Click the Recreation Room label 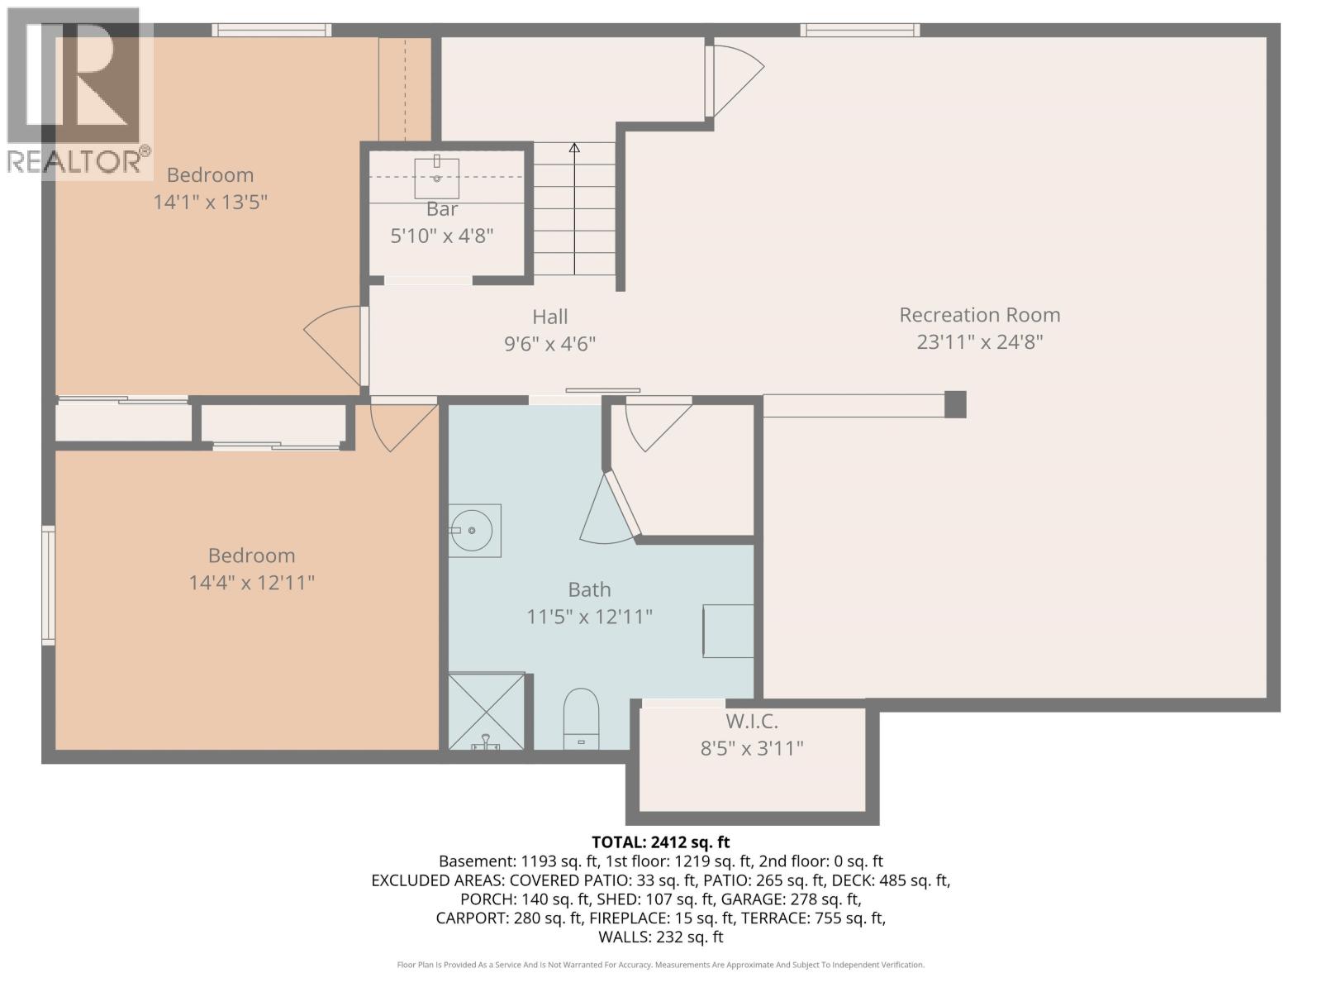979,315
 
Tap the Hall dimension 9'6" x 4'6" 549,344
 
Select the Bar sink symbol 436,177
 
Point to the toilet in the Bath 581,718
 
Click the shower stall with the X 487,711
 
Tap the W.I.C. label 751,722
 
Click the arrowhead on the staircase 574,148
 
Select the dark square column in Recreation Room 955,404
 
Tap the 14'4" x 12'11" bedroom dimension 251,583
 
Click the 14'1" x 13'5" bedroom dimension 210,202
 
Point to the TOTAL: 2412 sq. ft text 660,842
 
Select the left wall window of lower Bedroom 49,585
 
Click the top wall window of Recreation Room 860,31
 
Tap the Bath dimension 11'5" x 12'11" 589,617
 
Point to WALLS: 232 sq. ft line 660,937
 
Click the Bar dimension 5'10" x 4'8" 441,236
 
